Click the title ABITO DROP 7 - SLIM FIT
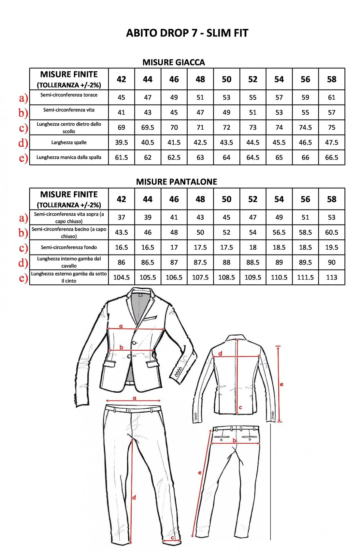pyautogui.click(x=187, y=33)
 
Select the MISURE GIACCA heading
pyautogui.click(x=174, y=62)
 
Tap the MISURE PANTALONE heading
pyautogui.click(x=176, y=182)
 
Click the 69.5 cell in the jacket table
pyautogui.click(x=148, y=127)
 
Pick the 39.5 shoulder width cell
pyautogui.click(x=121, y=142)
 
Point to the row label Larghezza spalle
pyautogui.click(x=69, y=142)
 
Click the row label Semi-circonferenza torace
pyautogui.click(x=69, y=95)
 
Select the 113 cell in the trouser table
pyautogui.click(x=331, y=277)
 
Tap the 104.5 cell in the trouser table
pyautogui.click(x=121, y=277)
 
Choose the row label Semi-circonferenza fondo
pyautogui.click(x=69, y=247)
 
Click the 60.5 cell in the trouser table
pyautogui.click(x=331, y=232)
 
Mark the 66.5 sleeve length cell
pyautogui.click(x=331, y=157)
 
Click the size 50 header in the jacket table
pyautogui.click(x=226, y=79)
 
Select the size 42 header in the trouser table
pyautogui.click(x=121, y=199)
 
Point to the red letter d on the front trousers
pyautogui.click(x=134, y=498)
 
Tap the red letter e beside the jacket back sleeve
pyautogui.click(x=281, y=385)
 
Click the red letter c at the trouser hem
pyautogui.click(x=172, y=538)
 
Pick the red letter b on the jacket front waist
pyautogui.click(x=121, y=347)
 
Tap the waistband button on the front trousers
pyautogui.click(x=129, y=411)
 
